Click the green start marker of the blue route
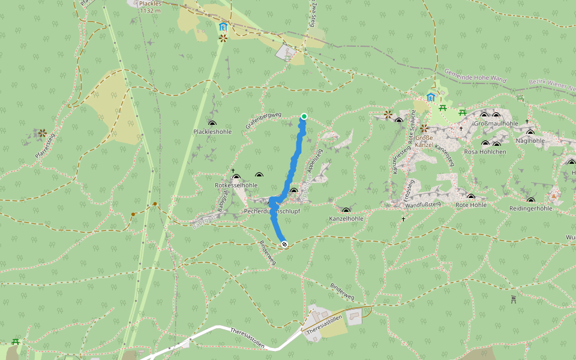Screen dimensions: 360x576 (x=304, y=116)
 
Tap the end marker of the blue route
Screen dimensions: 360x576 (x=284, y=244)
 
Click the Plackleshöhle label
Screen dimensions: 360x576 (x=212, y=131)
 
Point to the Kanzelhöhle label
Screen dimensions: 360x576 (x=346, y=218)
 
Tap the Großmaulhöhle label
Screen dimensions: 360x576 (x=496, y=124)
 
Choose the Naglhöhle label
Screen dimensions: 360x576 (x=529, y=140)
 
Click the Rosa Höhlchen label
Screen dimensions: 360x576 (x=485, y=152)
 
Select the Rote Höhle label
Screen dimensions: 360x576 (x=470, y=205)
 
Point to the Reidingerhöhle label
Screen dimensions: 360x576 (x=530, y=208)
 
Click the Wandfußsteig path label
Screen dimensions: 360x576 (x=423, y=205)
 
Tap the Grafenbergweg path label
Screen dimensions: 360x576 (x=263, y=120)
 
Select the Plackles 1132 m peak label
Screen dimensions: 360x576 (x=149, y=7)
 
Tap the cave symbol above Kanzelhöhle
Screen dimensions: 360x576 (x=346, y=210)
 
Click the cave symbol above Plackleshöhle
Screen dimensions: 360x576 (x=212, y=123)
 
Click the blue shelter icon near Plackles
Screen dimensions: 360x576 (x=223, y=26)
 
